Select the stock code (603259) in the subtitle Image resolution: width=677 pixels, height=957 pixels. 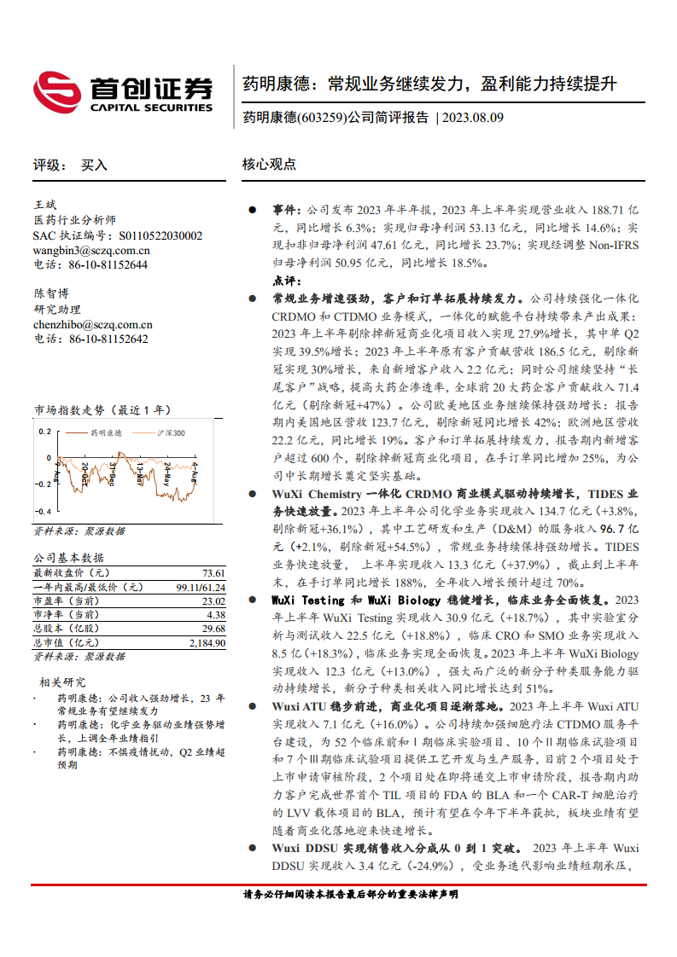click(x=322, y=119)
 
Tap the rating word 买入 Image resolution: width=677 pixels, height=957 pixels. click(x=94, y=165)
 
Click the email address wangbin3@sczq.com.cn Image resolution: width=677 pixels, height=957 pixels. click(x=91, y=251)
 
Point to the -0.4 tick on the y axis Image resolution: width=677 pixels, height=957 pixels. click(x=42, y=511)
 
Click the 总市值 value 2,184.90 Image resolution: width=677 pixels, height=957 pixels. click(x=207, y=642)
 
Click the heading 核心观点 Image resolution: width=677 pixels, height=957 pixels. click(x=269, y=165)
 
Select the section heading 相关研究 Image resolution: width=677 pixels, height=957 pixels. click(x=62, y=681)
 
